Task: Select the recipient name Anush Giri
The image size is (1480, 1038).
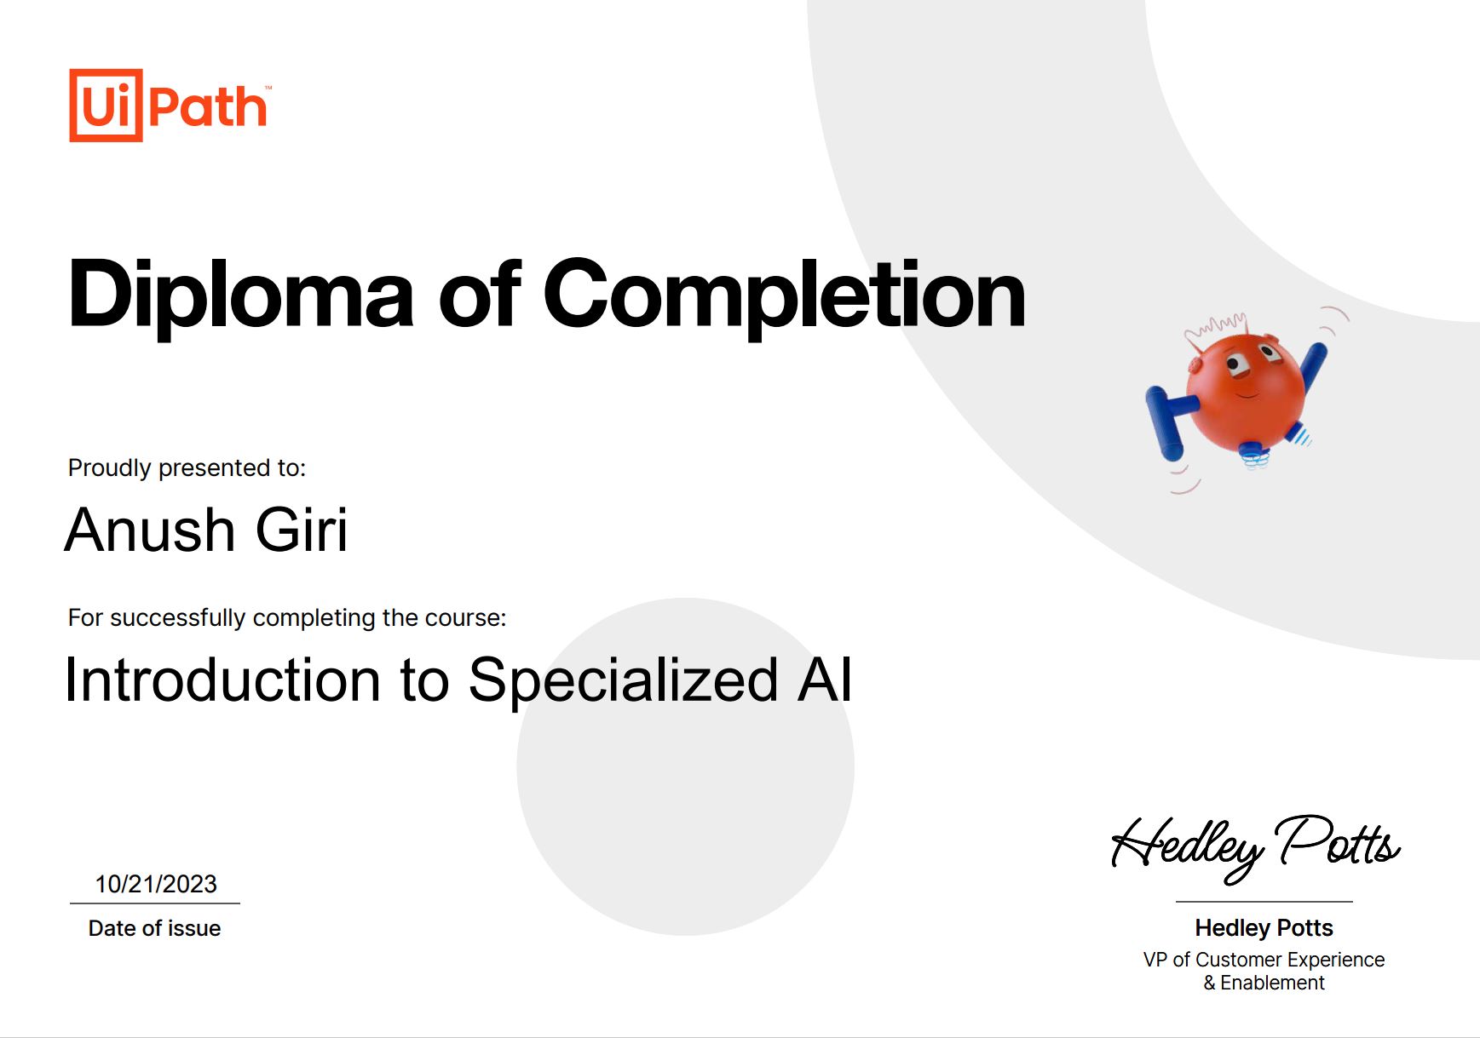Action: point(206,530)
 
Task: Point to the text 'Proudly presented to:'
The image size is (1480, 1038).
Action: point(187,467)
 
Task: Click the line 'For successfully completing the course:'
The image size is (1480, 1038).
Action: point(287,617)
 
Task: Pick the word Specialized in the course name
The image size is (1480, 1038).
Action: point(623,681)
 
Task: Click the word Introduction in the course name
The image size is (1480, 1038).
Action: point(223,680)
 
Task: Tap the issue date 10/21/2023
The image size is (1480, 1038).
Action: point(156,884)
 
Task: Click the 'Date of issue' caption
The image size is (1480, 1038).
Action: point(154,928)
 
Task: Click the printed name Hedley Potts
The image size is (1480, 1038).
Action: point(1264,927)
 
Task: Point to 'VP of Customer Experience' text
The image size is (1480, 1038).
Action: point(1264,960)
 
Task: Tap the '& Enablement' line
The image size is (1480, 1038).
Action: point(1264,983)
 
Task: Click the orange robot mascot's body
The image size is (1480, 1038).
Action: point(1245,392)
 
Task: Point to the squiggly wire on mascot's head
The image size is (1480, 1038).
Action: point(1217,326)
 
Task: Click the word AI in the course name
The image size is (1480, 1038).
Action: point(825,680)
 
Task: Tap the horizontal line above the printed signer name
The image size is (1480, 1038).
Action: point(1264,901)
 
